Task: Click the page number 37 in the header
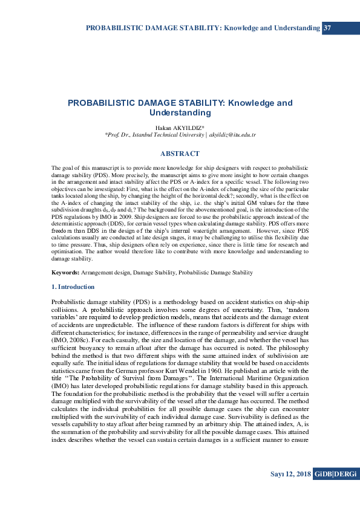point(327,28)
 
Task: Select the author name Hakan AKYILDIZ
point(180,128)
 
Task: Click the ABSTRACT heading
point(180,154)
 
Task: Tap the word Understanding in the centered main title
point(180,112)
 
